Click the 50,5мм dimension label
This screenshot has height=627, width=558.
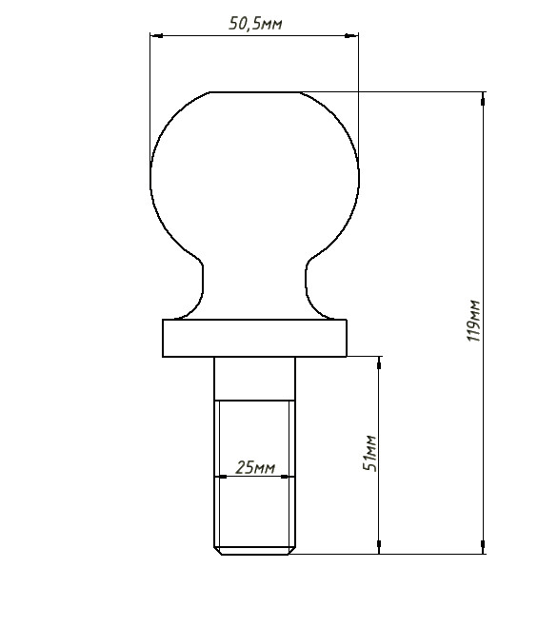click(x=255, y=25)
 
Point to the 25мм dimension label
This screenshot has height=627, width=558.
click(x=255, y=467)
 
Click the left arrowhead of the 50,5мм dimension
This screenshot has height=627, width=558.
click(x=155, y=36)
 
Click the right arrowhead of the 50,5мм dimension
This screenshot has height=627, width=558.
click(x=353, y=36)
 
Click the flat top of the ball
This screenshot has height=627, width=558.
click(x=255, y=93)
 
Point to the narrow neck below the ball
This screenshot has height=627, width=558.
click(x=255, y=285)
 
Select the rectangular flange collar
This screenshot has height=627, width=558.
click(x=255, y=338)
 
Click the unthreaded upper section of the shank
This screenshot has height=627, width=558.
click(x=255, y=378)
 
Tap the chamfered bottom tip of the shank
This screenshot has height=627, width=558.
click(x=255, y=550)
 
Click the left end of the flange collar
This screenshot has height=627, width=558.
click(x=166, y=338)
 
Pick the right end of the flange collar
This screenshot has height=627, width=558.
click(x=345, y=338)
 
